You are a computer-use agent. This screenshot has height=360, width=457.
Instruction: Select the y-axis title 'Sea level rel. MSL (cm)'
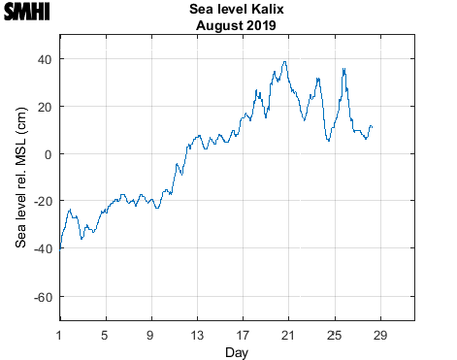(x=20, y=177)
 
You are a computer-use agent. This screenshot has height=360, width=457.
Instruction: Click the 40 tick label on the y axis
(x=44, y=59)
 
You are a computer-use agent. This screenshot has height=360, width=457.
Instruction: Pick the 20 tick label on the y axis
(x=44, y=107)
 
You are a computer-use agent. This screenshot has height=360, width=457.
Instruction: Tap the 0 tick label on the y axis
(x=48, y=154)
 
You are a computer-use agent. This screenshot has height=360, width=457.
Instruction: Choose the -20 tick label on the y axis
(x=42, y=202)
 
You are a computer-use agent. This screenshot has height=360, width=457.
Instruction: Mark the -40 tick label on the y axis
(x=42, y=249)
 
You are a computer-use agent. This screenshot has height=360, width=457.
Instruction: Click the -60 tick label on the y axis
(x=42, y=297)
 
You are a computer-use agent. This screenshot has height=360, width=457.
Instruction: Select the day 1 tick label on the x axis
(x=60, y=335)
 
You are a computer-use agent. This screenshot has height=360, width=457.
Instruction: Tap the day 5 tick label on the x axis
(x=106, y=335)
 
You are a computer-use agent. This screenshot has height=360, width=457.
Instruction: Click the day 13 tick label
(x=197, y=335)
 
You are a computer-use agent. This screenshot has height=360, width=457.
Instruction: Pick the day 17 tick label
(x=243, y=335)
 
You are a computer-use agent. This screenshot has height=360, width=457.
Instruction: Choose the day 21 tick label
(x=288, y=335)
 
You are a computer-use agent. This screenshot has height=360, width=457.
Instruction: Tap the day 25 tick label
(x=334, y=335)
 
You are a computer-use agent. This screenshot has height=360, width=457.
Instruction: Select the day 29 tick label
(x=379, y=335)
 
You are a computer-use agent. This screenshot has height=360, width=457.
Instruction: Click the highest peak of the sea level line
(x=285, y=62)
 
